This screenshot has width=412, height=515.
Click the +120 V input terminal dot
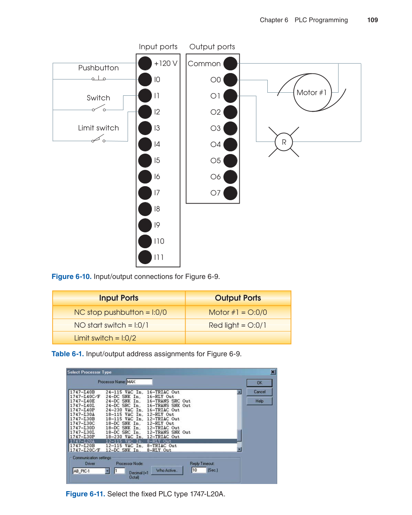[x=145, y=63]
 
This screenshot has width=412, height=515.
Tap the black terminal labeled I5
[x=145, y=160]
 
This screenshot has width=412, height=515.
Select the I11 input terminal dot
[x=145, y=257]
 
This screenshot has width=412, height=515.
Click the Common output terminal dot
[x=230, y=64]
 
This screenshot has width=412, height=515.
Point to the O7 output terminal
[x=230, y=193]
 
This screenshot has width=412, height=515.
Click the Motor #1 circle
[x=312, y=93]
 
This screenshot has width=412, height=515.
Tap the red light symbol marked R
[x=284, y=142]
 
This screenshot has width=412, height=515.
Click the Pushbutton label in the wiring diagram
[x=98, y=68]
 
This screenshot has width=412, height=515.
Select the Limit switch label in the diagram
[x=98, y=128]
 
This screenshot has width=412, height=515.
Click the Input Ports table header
[x=119, y=298]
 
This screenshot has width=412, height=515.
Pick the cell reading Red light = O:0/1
[x=238, y=325]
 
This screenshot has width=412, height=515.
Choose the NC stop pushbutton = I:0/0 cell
[x=120, y=313]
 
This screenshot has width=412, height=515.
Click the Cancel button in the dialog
[x=259, y=392]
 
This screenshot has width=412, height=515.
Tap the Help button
[x=259, y=401]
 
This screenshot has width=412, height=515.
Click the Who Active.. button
[x=167, y=470]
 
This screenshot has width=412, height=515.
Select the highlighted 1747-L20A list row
[x=153, y=441]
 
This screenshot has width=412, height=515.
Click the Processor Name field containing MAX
[x=139, y=382]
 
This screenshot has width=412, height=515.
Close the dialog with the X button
[x=273, y=372]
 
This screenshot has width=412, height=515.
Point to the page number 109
[x=372, y=20]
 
